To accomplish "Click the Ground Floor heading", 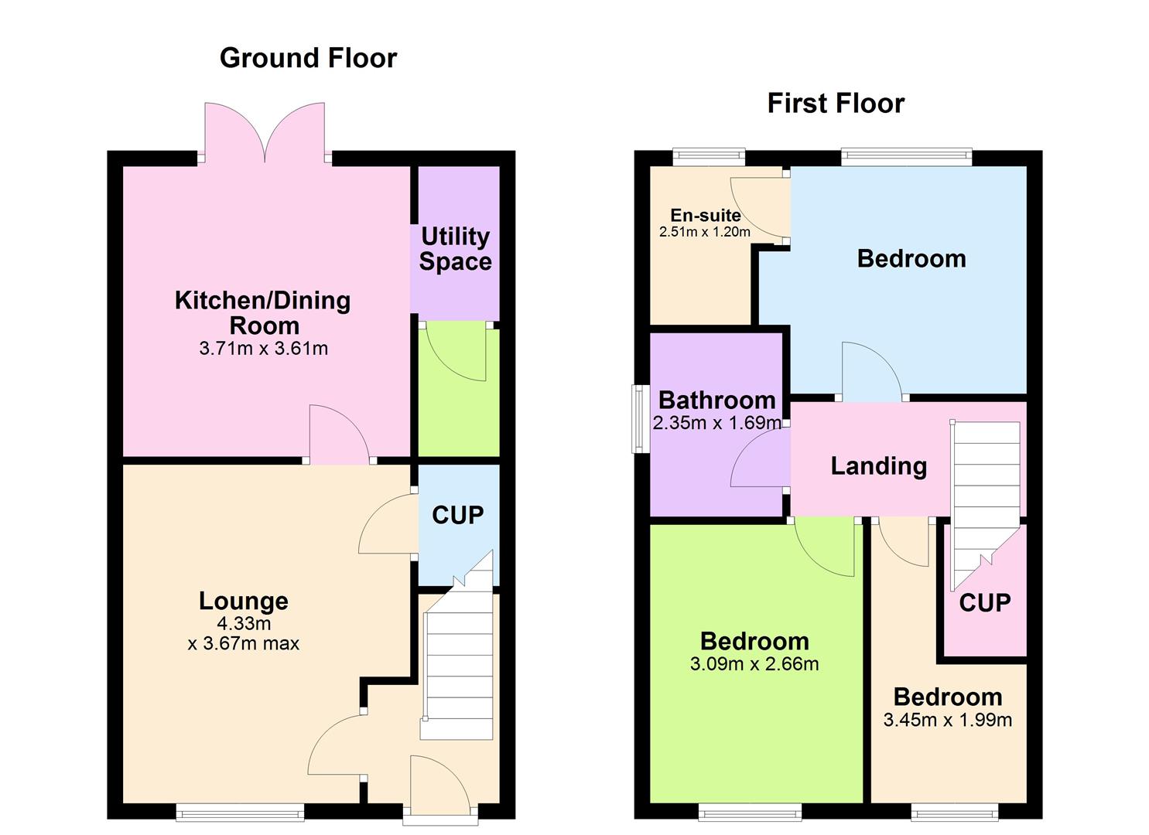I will (x=308, y=58).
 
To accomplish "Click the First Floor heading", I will (x=836, y=104).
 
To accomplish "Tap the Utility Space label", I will (x=455, y=249).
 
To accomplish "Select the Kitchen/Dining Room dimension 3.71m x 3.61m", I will (x=264, y=349).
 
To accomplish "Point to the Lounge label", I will (x=243, y=601).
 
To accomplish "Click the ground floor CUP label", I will (x=457, y=515).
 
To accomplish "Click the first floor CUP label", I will (x=984, y=603).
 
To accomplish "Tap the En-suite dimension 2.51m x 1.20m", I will (x=704, y=231).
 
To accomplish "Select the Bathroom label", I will (x=716, y=400).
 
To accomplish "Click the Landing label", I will (x=878, y=466).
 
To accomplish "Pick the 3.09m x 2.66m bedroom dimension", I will (x=754, y=664).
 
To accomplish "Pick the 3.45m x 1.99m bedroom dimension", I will (x=947, y=720).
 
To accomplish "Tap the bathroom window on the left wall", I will (x=638, y=418).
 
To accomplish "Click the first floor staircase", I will (x=986, y=495).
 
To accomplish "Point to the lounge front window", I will (x=240, y=811).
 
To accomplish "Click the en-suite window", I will (x=709, y=157).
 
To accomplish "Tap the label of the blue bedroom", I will (x=911, y=259).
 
